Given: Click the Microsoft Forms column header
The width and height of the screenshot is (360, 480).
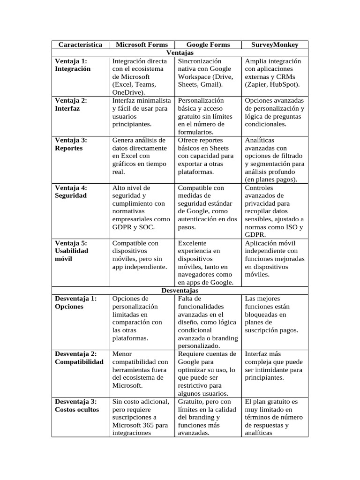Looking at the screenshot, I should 142,45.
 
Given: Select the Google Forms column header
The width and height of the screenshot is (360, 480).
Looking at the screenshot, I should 208,45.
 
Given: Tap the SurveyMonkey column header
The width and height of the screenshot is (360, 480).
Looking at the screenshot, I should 275,45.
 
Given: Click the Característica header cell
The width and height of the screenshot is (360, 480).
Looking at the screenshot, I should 81,45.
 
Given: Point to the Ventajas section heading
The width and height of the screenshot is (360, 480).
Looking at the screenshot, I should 180,53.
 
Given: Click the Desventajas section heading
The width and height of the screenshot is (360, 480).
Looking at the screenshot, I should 180,291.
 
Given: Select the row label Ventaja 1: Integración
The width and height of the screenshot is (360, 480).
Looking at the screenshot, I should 73,65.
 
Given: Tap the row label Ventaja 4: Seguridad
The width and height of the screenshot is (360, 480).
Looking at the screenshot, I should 71,191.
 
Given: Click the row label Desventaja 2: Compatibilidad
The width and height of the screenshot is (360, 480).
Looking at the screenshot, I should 79,358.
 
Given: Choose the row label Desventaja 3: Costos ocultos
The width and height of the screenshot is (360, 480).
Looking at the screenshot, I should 77,405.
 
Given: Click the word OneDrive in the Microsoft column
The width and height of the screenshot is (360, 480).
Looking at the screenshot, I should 127,92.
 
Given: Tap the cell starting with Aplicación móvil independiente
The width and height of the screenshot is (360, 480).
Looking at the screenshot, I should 274,259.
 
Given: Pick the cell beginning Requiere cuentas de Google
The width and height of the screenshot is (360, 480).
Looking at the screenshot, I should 206,374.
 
